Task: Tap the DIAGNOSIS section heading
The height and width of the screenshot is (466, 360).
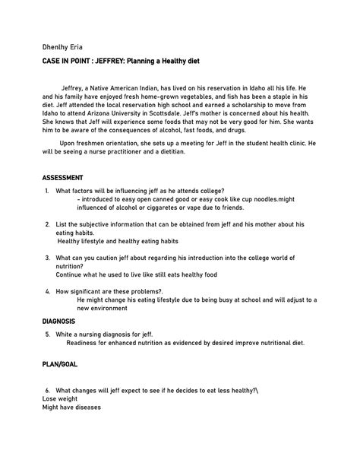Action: tap(64, 322)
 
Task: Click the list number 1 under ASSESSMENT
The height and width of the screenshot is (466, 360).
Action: tap(47, 190)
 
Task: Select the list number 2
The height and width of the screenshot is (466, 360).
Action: tap(47, 224)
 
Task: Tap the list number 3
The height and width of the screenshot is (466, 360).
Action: tap(47, 258)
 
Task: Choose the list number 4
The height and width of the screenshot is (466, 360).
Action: tap(47, 291)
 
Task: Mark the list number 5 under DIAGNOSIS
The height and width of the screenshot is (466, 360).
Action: tap(47, 334)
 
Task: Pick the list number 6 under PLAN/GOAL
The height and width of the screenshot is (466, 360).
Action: tap(47, 390)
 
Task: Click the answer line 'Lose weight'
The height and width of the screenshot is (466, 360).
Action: tap(60, 398)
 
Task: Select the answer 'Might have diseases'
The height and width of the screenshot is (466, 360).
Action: tap(71, 407)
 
